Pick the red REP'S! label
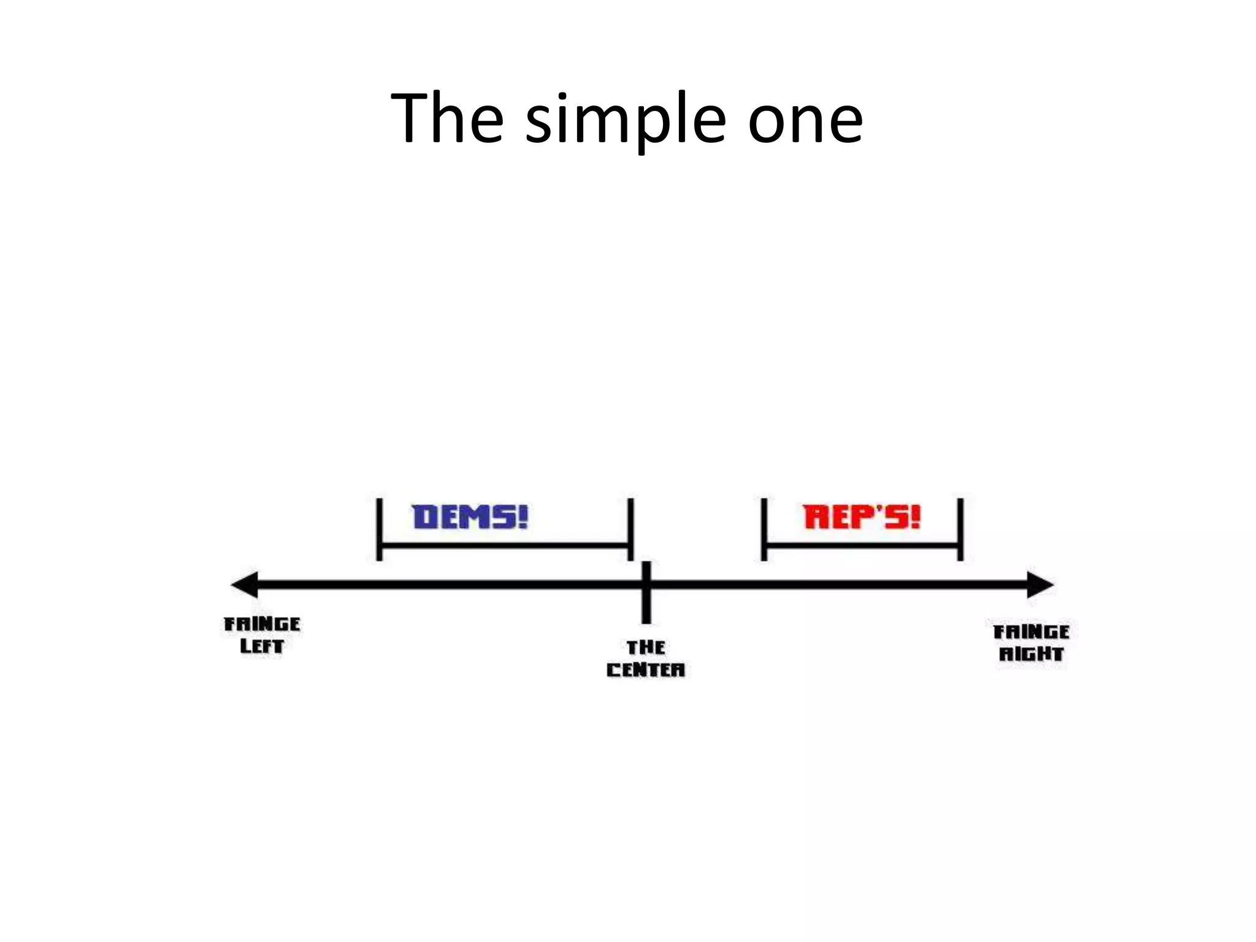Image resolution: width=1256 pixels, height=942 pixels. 862,517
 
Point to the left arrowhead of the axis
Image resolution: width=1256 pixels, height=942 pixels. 245,584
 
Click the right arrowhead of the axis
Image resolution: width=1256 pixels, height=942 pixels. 1040,584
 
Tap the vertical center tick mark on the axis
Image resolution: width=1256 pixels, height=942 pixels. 646,592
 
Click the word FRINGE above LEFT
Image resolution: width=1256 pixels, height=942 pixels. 262,624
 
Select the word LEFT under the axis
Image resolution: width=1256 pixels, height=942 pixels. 262,646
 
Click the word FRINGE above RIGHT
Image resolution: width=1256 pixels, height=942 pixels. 1031,632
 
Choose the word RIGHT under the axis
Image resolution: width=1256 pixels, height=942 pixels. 1031,654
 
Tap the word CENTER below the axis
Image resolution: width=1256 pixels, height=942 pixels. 646,670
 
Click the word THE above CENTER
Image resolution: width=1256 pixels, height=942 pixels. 646,648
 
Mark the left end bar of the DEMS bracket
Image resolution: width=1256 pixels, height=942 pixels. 380,529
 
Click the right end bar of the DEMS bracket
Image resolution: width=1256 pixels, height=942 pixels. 630,529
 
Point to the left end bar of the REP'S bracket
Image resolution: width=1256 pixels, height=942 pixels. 764,529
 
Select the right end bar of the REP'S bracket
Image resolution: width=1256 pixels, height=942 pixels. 960,529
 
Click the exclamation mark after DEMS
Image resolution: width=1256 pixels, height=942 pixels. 522,517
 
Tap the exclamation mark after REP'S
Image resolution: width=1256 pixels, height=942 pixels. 915,517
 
